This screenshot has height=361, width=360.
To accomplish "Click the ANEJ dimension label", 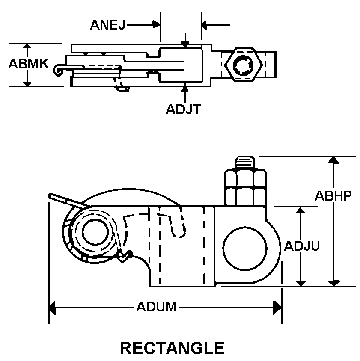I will (107, 25).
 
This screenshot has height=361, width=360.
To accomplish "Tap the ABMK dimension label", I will (28, 64).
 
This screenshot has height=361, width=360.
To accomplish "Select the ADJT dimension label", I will (183, 109).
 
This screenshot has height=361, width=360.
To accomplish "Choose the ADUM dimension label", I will (156, 307).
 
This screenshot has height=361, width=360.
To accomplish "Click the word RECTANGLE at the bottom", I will (172, 348).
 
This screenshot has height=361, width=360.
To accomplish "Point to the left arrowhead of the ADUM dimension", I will (53, 307).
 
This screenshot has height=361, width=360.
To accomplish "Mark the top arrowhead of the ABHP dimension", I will (333, 160).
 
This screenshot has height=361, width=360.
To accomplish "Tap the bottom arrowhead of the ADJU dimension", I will (301, 282).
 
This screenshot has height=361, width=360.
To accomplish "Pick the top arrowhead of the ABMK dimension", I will (27, 47).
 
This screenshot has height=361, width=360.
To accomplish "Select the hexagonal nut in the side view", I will (245, 186).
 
